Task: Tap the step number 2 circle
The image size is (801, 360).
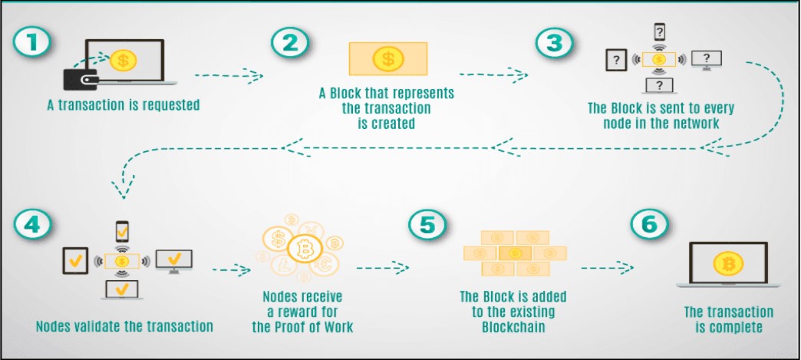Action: (x=289, y=43)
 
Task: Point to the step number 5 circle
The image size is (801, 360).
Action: (x=424, y=224)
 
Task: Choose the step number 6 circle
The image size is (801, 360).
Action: (x=649, y=223)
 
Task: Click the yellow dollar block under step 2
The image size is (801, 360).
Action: (x=387, y=58)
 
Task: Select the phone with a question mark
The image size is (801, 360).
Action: (x=659, y=33)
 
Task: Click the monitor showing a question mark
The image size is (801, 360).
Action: (x=705, y=59)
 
